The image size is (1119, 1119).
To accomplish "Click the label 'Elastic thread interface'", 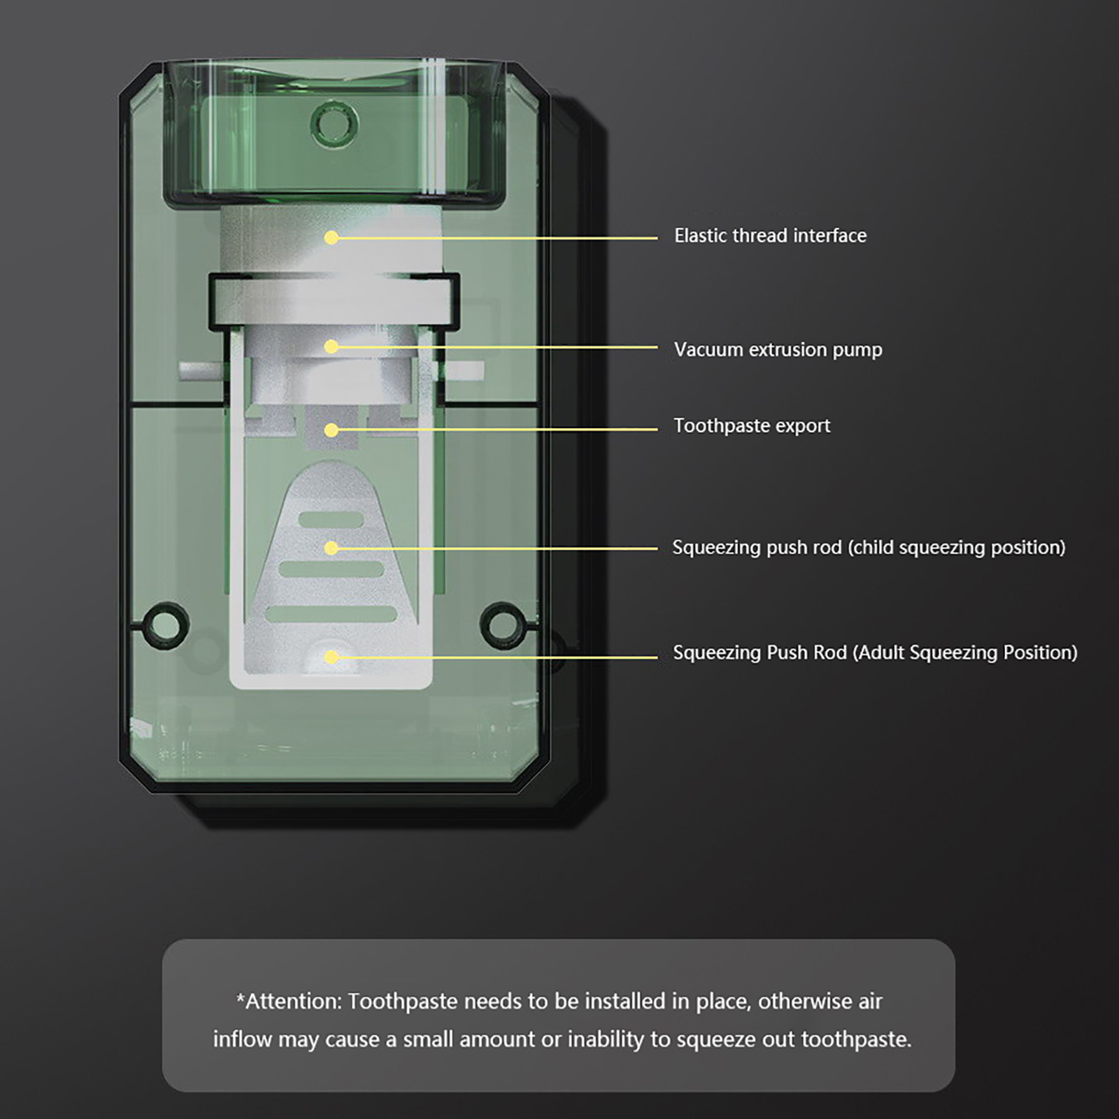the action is [770, 236].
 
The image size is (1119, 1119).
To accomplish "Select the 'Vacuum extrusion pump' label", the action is [778, 350].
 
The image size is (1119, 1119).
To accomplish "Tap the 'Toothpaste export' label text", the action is [752, 426].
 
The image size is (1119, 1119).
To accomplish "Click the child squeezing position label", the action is [869, 547].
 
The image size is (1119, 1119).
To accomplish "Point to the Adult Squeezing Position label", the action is [875, 653].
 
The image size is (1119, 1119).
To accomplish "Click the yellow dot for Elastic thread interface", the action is [332, 238].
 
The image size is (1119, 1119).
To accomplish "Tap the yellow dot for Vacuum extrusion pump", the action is [332, 347].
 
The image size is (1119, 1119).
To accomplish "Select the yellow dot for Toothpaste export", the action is [332, 429].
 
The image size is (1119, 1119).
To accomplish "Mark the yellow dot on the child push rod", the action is [332, 548].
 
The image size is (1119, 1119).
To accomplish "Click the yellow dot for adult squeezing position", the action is [332, 657].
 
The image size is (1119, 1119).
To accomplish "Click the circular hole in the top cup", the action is [334, 124].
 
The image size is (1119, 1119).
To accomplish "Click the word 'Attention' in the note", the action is [293, 1002].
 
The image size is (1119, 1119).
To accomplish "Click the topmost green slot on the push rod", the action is [331, 520].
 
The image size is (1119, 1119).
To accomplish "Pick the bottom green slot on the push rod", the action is [331, 614].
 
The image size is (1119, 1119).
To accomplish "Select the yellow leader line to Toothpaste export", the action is [494, 429].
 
